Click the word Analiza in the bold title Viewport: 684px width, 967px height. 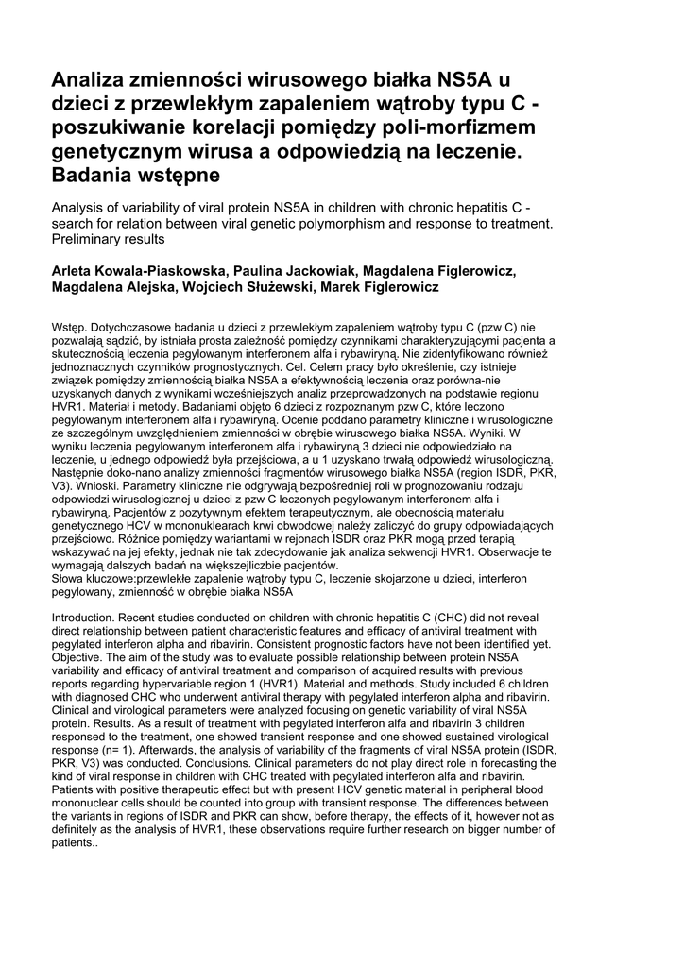(91, 79)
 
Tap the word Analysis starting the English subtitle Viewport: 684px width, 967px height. (81, 208)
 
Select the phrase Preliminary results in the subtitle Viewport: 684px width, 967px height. (112, 239)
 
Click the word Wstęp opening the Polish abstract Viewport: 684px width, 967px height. (68, 327)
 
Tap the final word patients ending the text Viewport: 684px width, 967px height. (72, 842)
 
